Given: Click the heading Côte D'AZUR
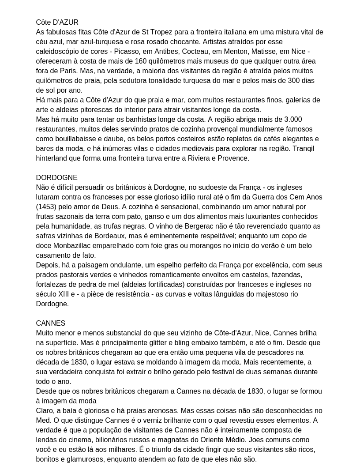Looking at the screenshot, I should coord(57,23).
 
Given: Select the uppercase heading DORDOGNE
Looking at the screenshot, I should coord(56,178).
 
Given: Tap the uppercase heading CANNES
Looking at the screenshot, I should coord(50,323).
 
